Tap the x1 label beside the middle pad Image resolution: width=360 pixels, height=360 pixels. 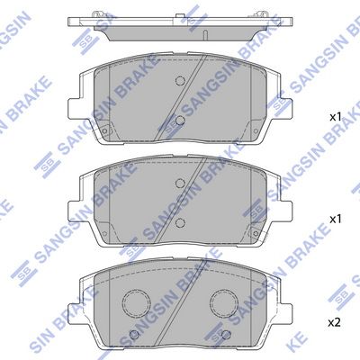point(335,219)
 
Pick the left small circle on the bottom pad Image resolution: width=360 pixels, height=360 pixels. point(135,334)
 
